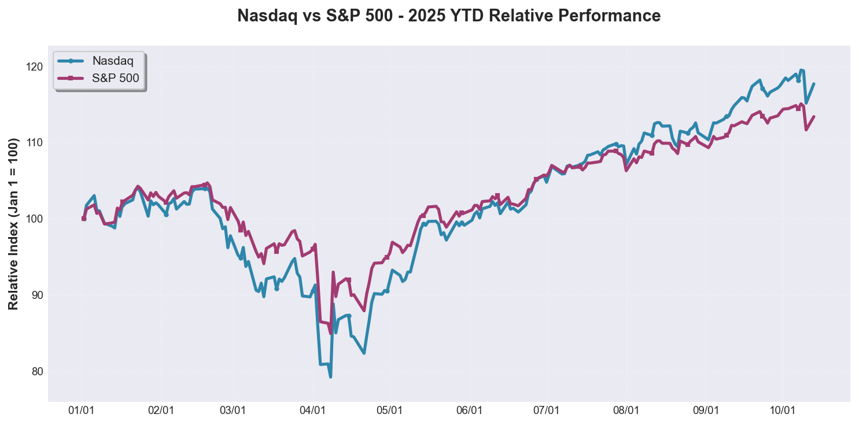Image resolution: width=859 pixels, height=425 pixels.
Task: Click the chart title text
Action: [449, 16]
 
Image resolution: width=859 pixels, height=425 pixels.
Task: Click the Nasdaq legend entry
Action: [113, 61]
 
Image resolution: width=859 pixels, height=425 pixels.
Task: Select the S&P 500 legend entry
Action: [116, 79]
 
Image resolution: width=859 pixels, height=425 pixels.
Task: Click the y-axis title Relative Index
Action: [13, 223]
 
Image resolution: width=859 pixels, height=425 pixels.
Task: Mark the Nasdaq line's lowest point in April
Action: [330, 377]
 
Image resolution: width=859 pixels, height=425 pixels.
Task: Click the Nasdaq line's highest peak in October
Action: [801, 71]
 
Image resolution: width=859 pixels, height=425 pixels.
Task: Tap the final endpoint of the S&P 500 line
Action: [814, 116]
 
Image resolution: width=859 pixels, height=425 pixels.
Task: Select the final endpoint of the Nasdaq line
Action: [814, 84]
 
